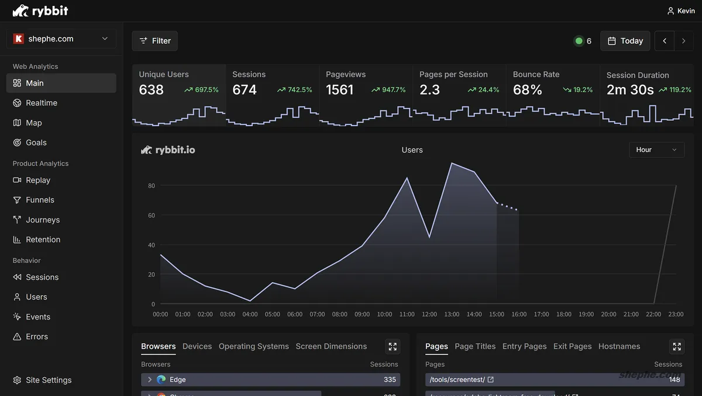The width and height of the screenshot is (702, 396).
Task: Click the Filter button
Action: (154, 41)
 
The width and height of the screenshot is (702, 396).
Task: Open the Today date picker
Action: (625, 41)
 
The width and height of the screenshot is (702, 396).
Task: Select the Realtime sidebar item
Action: (42, 103)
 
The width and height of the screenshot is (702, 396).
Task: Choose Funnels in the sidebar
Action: (40, 200)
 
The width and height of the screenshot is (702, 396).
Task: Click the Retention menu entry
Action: (43, 239)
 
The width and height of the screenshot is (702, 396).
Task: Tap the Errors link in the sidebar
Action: (37, 336)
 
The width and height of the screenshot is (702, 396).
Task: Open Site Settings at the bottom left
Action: (49, 380)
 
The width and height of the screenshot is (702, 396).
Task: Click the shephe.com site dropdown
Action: (61, 39)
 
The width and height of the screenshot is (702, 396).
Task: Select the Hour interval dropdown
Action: (656, 150)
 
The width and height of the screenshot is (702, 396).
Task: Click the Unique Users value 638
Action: (152, 90)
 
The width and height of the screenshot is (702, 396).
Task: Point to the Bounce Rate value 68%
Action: (527, 90)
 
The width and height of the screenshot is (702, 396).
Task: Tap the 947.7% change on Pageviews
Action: (388, 90)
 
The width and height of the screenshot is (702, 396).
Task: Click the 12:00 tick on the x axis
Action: (429, 314)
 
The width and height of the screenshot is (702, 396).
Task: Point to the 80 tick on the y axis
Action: (152, 186)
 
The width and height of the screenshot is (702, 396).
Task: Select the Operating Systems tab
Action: (253, 346)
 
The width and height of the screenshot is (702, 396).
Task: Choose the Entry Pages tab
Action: (524, 346)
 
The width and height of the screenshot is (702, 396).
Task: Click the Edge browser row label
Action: (177, 380)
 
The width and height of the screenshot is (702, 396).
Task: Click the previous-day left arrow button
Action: (664, 41)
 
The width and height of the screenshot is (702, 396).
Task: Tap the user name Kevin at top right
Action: (686, 11)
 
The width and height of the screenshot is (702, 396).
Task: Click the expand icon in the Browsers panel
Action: (393, 346)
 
